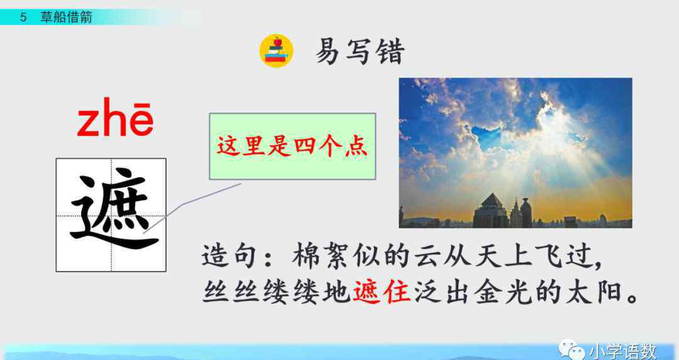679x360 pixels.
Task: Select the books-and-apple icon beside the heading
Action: (x=276, y=51)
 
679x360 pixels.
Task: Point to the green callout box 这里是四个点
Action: (x=292, y=146)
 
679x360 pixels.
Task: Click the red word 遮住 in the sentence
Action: (x=382, y=292)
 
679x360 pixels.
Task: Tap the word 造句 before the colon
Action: (x=230, y=256)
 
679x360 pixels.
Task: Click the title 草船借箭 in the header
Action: (x=66, y=18)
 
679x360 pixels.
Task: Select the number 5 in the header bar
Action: (x=23, y=18)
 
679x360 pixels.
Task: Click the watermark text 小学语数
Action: (x=622, y=351)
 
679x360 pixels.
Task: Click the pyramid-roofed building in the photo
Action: (x=491, y=210)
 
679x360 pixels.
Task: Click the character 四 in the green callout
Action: (x=305, y=146)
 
